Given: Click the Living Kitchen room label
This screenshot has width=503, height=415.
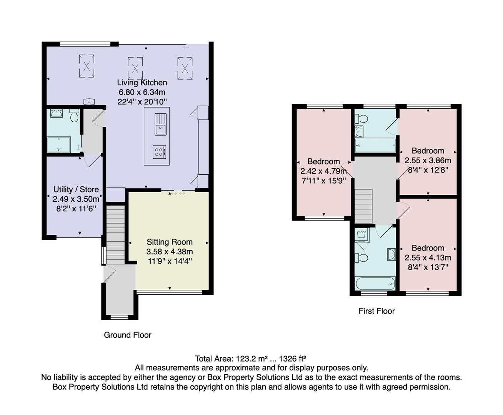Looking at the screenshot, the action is pos(142,83).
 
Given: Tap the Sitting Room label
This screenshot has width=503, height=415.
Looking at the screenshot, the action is pos(170,242).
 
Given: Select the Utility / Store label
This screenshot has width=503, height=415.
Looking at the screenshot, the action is pos(76,189).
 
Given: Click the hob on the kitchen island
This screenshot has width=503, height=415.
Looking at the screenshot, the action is pos(159,152).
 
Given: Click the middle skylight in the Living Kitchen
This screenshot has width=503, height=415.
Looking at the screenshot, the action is pos(135,68).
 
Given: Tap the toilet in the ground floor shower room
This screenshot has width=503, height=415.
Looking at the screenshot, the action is pos(74,115).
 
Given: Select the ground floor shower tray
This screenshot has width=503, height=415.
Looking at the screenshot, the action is pos(59,144).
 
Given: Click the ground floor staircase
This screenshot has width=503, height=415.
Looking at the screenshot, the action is pos(116,235).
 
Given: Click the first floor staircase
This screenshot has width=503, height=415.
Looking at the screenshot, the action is pos(363,206).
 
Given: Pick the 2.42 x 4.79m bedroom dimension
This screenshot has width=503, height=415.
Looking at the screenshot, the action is pos(323,171).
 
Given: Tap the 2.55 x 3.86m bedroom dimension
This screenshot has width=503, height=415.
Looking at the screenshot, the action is pos(428,160).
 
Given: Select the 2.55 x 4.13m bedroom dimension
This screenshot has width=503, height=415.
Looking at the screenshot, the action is pos(428,257).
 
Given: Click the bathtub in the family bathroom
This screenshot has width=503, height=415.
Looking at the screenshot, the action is pos(375,283).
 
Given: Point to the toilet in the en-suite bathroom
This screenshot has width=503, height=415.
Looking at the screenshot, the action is pos(361,119).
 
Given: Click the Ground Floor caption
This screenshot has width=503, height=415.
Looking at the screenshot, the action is pos(127,335).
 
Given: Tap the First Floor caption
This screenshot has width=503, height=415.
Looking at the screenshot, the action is pos(376,311).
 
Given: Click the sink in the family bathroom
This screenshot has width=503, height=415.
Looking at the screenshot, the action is pos(391,254).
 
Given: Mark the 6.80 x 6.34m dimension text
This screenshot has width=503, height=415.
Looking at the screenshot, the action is pos(142,92).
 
